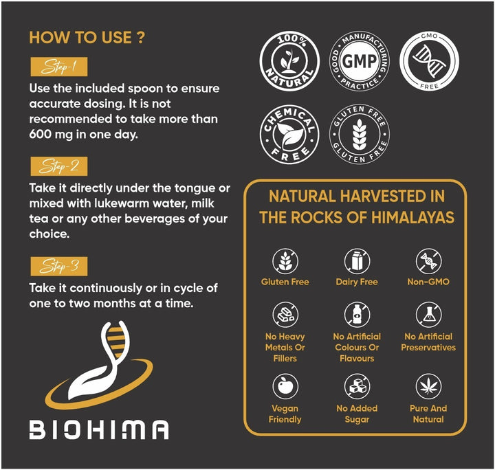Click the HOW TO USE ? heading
(x=87, y=38)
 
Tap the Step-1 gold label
(x=59, y=67)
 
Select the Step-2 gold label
(x=59, y=166)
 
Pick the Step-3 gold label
(x=59, y=266)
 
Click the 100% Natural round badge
(x=289, y=61)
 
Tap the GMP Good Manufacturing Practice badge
(x=360, y=61)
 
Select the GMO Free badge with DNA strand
(x=429, y=61)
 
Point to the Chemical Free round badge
(x=289, y=135)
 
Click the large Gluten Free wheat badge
(x=360, y=135)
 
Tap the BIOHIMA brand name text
(x=99, y=429)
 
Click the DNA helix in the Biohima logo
(x=115, y=342)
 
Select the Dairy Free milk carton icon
(x=357, y=261)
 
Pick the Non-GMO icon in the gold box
(x=429, y=261)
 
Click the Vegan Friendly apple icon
(x=285, y=386)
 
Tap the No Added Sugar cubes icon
(x=357, y=386)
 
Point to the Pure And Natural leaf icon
(x=429, y=386)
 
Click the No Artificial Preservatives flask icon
(x=429, y=315)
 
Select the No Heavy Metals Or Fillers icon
(x=285, y=315)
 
